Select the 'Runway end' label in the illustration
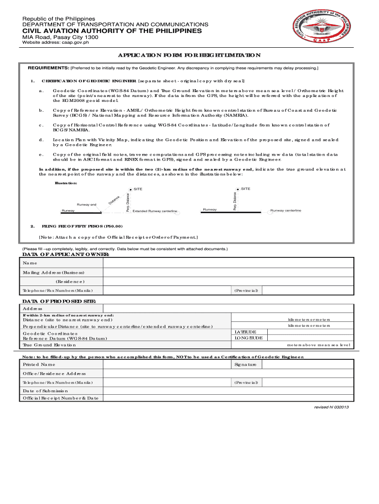click(86, 204)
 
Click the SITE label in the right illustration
click(246, 189)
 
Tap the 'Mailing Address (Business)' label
click(53, 272)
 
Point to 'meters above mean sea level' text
click(318, 345)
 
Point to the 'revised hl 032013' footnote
click(332, 408)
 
